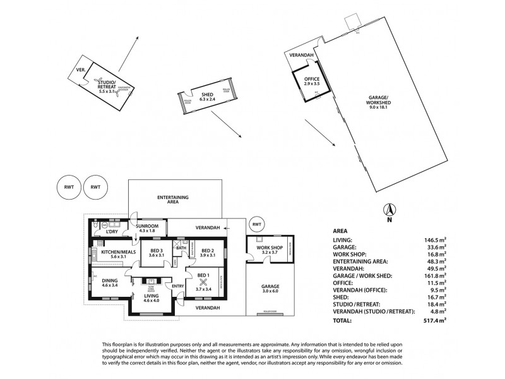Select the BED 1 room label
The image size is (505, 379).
(x=203, y=279)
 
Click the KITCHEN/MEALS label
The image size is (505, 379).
(x=118, y=254)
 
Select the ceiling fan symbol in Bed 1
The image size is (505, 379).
(x=203, y=284)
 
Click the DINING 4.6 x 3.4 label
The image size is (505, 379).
(x=110, y=282)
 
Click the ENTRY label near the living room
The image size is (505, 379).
(x=177, y=286)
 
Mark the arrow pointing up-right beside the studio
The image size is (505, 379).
(x=129, y=51)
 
